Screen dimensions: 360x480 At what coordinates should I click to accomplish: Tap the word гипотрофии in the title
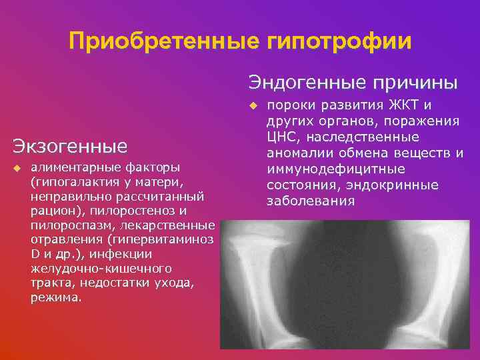(339, 42)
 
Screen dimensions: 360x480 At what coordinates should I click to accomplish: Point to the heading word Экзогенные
(70, 145)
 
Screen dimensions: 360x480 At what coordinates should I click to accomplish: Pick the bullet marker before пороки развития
(253, 105)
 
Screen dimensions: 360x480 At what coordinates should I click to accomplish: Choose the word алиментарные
(70, 165)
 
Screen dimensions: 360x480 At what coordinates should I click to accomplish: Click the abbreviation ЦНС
(282, 137)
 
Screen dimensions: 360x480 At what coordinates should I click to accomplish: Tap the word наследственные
(361, 137)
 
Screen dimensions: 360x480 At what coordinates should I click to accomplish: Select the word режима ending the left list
(56, 298)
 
